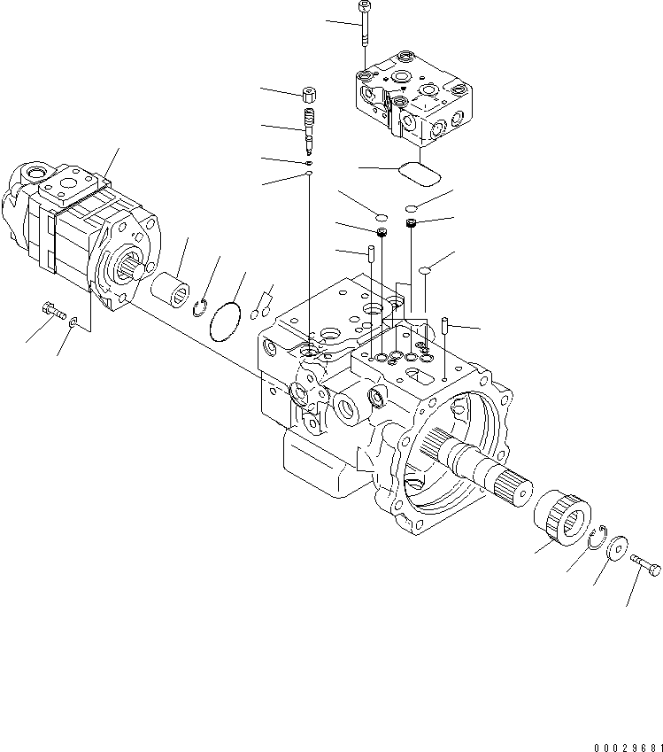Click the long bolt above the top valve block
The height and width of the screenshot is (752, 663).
click(364, 27)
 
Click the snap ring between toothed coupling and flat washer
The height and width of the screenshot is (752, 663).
click(596, 532)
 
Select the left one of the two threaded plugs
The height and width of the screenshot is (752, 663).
click(382, 233)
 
